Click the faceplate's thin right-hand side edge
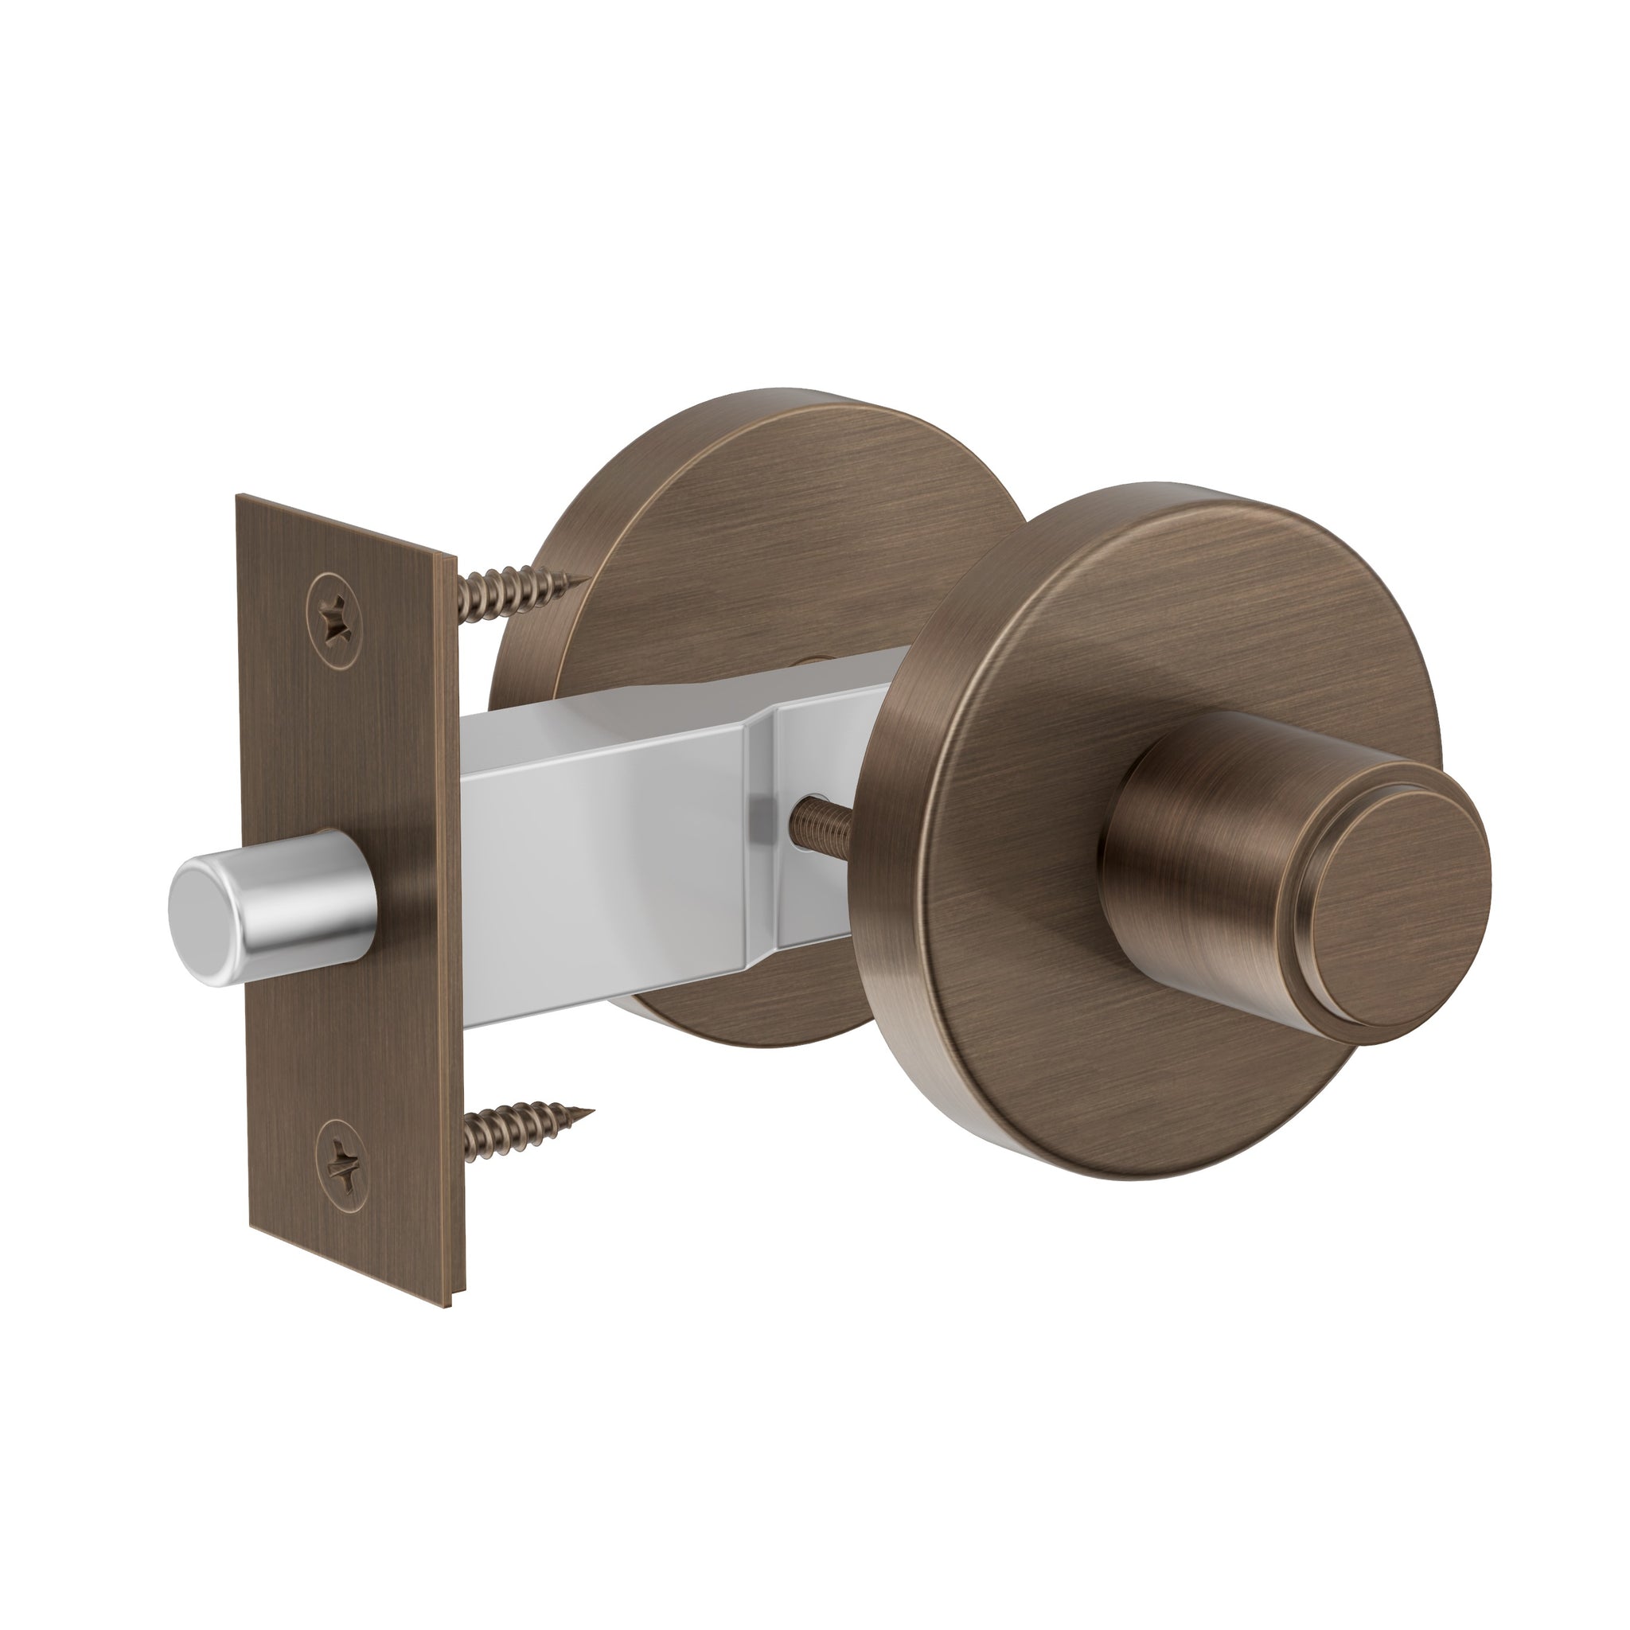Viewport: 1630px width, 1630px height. [452, 928]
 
